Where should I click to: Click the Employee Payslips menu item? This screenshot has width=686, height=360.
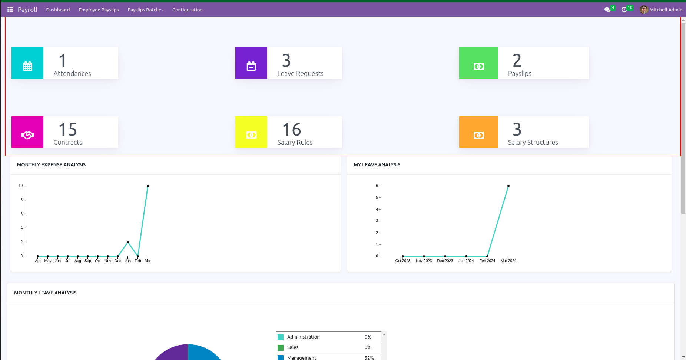pyautogui.click(x=99, y=10)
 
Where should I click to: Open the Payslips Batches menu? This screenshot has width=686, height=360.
pyautogui.click(x=145, y=10)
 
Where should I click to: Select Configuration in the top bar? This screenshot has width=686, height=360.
pyautogui.click(x=187, y=10)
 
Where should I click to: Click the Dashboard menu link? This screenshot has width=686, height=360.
pyautogui.click(x=58, y=10)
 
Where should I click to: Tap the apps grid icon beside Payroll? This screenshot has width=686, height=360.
pyautogui.click(x=10, y=9)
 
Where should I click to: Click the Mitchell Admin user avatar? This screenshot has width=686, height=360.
pyautogui.click(x=644, y=10)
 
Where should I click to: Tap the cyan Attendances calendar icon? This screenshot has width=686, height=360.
pyautogui.click(x=27, y=66)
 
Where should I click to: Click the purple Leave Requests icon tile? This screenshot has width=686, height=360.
pyautogui.click(x=251, y=66)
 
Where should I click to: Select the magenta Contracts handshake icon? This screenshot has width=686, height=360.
pyautogui.click(x=27, y=135)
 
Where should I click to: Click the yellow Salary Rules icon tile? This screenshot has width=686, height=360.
pyautogui.click(x=251, y=135)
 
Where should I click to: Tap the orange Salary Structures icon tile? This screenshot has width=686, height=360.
pyautogui.click(x=478, y=135)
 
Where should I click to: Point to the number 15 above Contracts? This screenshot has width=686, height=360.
pyautogui.click(x=68, y=130)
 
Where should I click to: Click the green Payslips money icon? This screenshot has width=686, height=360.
pyautogui.click(x=478, y=66)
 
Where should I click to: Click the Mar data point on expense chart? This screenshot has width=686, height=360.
pyautogui.click(x=148, y=186)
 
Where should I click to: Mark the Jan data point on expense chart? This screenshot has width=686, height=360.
pyautogui.click(x=128, y=242)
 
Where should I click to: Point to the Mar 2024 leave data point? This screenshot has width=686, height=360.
pyautogui.click(x=508, y=186)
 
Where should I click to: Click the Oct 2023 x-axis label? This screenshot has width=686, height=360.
pyautogui.click(x=403, y=261)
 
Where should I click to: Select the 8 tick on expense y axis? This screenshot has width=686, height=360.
pyautogui.click(x=21, y=200)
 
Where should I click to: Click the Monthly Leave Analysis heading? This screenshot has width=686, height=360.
pyautogui.click(x=45, y=293)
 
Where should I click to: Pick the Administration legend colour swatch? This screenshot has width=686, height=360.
pyautogui.click(x=281, y=337)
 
